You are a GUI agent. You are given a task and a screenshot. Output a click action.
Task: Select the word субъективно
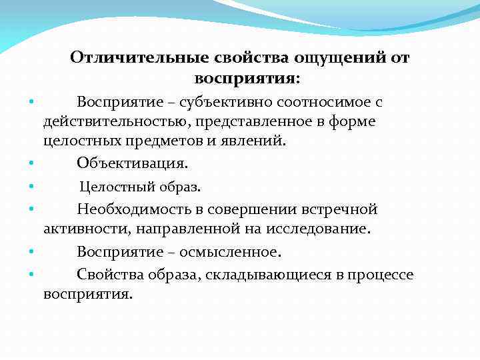[227, 103]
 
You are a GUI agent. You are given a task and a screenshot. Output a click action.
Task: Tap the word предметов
[159, 141]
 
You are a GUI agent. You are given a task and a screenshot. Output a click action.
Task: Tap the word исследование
[311, 229]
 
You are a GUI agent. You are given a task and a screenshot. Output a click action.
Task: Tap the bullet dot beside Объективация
[31, 163]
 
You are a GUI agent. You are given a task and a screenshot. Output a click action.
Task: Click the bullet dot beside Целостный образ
[31, 187]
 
